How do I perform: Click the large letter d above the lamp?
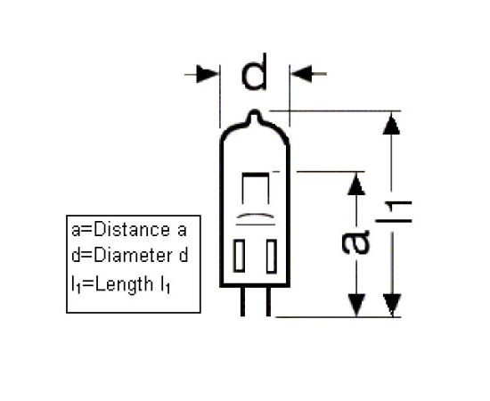(x=254, y=72)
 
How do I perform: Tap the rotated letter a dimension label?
(x=355, y=241)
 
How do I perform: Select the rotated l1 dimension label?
(x=394, y=213)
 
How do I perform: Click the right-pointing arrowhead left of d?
(x=208, y=74)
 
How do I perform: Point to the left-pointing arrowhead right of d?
(x=301, y=74)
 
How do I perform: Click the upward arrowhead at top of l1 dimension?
(x=391, y=124)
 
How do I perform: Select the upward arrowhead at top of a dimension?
(x=356, y=184)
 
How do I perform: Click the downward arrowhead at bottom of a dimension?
(x=356, y=305)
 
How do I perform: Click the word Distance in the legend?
(x=132, y=230)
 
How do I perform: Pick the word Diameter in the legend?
(x=133, y=256)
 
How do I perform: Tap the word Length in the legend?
(x=124, y=284)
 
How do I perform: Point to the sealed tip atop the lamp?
(x=255, y=116)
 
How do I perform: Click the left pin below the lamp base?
(x=243, y=301)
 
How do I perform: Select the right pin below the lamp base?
(x=268, y=301)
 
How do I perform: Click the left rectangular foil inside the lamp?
(x=239, y=256)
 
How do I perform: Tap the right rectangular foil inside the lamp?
(x=271, y=256)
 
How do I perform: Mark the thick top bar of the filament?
(x=256, y=174)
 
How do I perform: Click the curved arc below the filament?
(x=255, y=216)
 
